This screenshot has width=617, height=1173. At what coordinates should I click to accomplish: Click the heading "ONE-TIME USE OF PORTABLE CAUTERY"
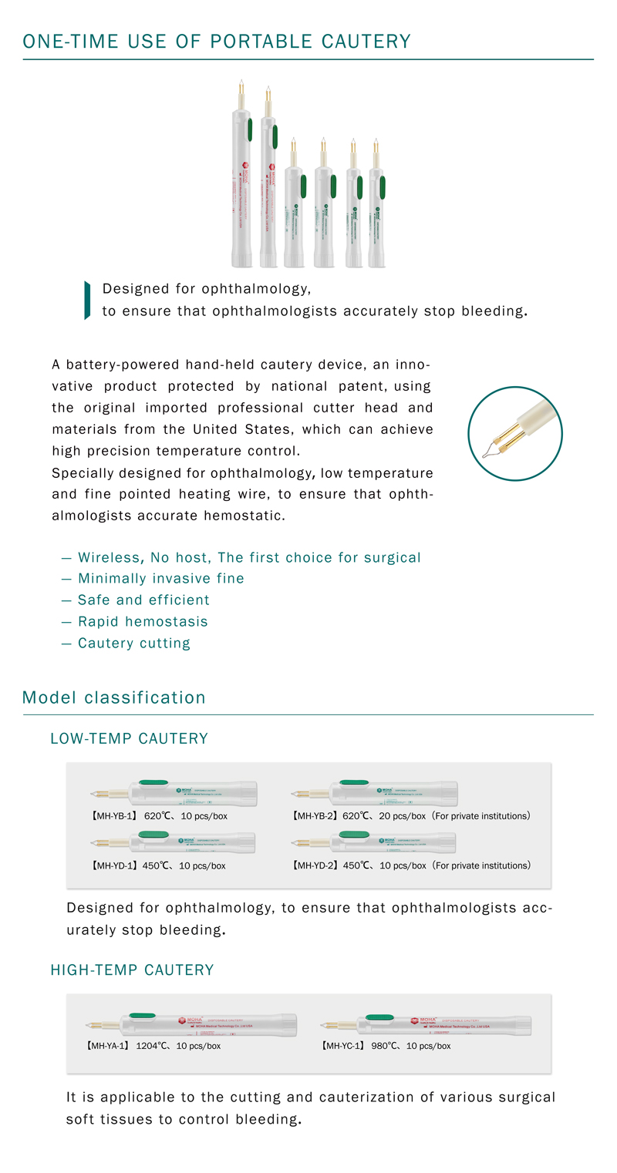pos(217,42)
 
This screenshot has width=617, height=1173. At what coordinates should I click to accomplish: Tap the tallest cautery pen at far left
pos(242,185)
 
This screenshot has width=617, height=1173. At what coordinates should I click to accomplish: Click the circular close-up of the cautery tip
pos(514,433)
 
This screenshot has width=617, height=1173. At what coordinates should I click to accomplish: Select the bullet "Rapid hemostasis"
pos(143,621)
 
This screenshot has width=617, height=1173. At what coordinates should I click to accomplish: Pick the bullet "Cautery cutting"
pos(133,643)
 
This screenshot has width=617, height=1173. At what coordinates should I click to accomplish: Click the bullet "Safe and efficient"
pos(143,600)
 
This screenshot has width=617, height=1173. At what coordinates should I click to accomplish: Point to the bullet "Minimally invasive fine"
pos(160,578)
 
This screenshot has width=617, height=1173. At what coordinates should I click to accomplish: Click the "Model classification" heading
pos(114,697)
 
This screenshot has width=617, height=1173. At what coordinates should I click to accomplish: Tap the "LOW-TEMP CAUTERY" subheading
pos(129,738)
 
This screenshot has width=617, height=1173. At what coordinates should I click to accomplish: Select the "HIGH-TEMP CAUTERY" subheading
pos(132,970)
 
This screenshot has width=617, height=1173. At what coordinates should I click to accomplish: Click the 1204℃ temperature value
pos(153,1046)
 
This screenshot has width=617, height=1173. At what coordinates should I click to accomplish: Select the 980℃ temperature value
pos(383,1046)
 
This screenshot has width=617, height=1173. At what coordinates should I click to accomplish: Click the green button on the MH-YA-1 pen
pos(142,1016)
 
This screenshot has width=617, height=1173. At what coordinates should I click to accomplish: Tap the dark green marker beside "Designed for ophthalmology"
pos(87,301)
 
